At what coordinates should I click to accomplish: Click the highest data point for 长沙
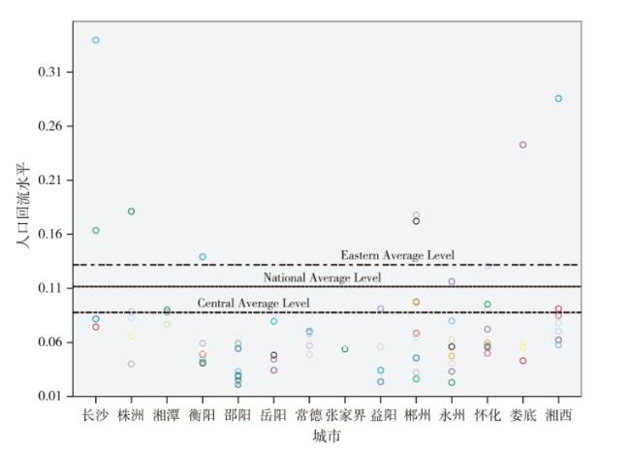point(96,40)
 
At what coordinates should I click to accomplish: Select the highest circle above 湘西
point(558,98)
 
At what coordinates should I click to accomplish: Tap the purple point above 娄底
point(522,145)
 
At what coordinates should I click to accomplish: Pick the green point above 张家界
point(345,349)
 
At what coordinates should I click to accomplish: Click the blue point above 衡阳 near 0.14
point(203,257)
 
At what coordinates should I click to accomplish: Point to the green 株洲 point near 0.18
point(132,211)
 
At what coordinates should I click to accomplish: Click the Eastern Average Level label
point(397,255)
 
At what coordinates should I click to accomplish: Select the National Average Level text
point(323,278)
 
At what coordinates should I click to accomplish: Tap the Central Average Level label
point(254,304)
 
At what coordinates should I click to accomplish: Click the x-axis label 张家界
point(345,415)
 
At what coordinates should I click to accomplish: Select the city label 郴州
point(416,415)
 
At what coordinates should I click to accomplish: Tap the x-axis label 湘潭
point(167,415)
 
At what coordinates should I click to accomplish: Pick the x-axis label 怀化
point(488,415)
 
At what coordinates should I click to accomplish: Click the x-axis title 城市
point(327,437)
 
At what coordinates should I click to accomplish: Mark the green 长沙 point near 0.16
point(96,230)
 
